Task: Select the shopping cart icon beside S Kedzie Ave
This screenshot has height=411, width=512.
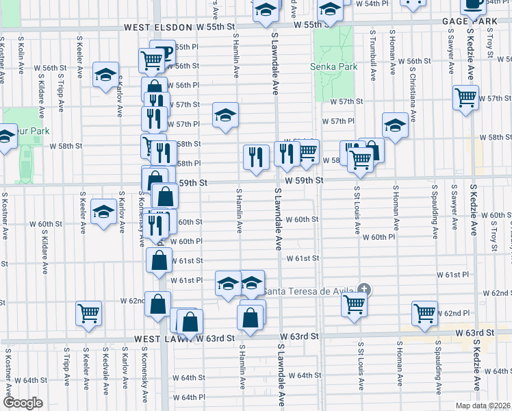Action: pos(465,99)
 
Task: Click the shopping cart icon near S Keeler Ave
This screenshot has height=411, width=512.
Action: pos(89,313)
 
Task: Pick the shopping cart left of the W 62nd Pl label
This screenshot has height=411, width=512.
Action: pos(424,313)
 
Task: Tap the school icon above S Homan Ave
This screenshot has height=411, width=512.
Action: pos(395,125)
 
